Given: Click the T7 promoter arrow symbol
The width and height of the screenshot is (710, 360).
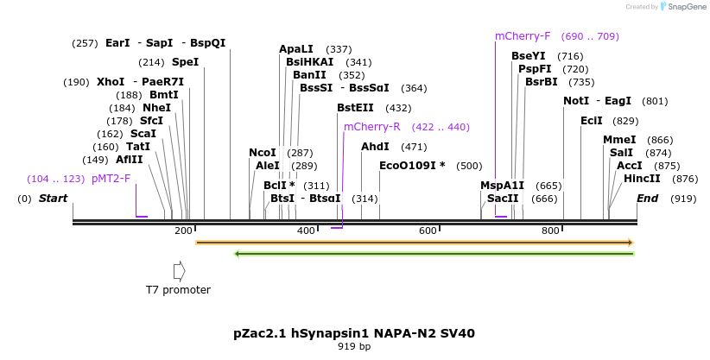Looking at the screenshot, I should (180, 271).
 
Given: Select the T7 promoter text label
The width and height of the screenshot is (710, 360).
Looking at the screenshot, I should (178, 290).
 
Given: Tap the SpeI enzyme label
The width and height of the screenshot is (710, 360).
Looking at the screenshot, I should (185, 62).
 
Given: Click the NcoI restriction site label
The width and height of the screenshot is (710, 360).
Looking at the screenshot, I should (263, 153).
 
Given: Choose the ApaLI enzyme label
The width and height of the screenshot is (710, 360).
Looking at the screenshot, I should (296, 49).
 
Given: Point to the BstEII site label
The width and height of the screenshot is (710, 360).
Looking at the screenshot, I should (355, 108).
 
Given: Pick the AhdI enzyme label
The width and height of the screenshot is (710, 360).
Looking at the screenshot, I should (375, 147).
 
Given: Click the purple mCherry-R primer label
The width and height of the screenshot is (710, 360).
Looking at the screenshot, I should (371, 127).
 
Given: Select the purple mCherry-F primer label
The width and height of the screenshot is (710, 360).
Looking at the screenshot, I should (523, 36).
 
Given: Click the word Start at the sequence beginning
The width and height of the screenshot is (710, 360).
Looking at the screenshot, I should (53, 199).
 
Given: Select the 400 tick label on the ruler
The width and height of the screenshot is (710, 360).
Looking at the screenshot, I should (306, 231).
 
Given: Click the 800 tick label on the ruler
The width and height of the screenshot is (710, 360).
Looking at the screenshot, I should (551, 231).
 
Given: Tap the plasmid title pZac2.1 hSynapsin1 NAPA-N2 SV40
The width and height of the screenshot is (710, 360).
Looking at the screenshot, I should (354, 332).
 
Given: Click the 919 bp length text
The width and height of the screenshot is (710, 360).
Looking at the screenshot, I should (354, 347).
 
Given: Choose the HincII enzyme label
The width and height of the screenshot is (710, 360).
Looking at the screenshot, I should (642, 179).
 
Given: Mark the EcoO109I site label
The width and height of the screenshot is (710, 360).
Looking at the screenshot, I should (412, 166).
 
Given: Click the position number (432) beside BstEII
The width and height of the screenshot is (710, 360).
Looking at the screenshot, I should (398, 108).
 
